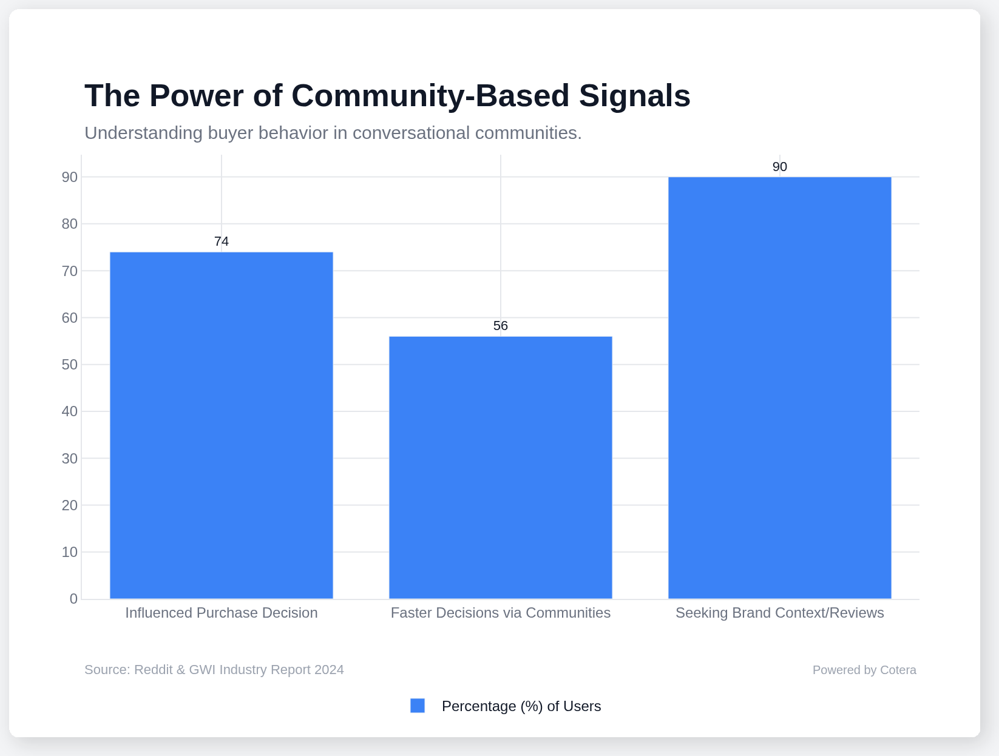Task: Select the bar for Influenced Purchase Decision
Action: click(222, 425)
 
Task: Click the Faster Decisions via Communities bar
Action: click(501, 467)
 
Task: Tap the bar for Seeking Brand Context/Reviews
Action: click(780, 388)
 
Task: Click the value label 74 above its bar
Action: click(222, 241)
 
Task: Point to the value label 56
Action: click(501, 326)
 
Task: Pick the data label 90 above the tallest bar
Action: click(780, 167)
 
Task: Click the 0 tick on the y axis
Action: click(73, 599)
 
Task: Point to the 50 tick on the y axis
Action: click(70, 365)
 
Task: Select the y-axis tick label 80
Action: click(70, 224)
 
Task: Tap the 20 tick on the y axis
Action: click(70, 505)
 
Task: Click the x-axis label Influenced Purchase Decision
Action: click(222, 613)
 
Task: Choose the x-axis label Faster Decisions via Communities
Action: click(501, 613)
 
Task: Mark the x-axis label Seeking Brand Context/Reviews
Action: click(780, 613)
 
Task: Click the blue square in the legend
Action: click(418, 706)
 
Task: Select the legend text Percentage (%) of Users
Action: click(521, 706)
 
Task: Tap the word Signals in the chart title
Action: click(634, 96)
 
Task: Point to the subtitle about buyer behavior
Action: click(333, 133)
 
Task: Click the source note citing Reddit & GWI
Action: click(214, 670)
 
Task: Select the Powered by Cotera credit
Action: click(864, 670)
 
